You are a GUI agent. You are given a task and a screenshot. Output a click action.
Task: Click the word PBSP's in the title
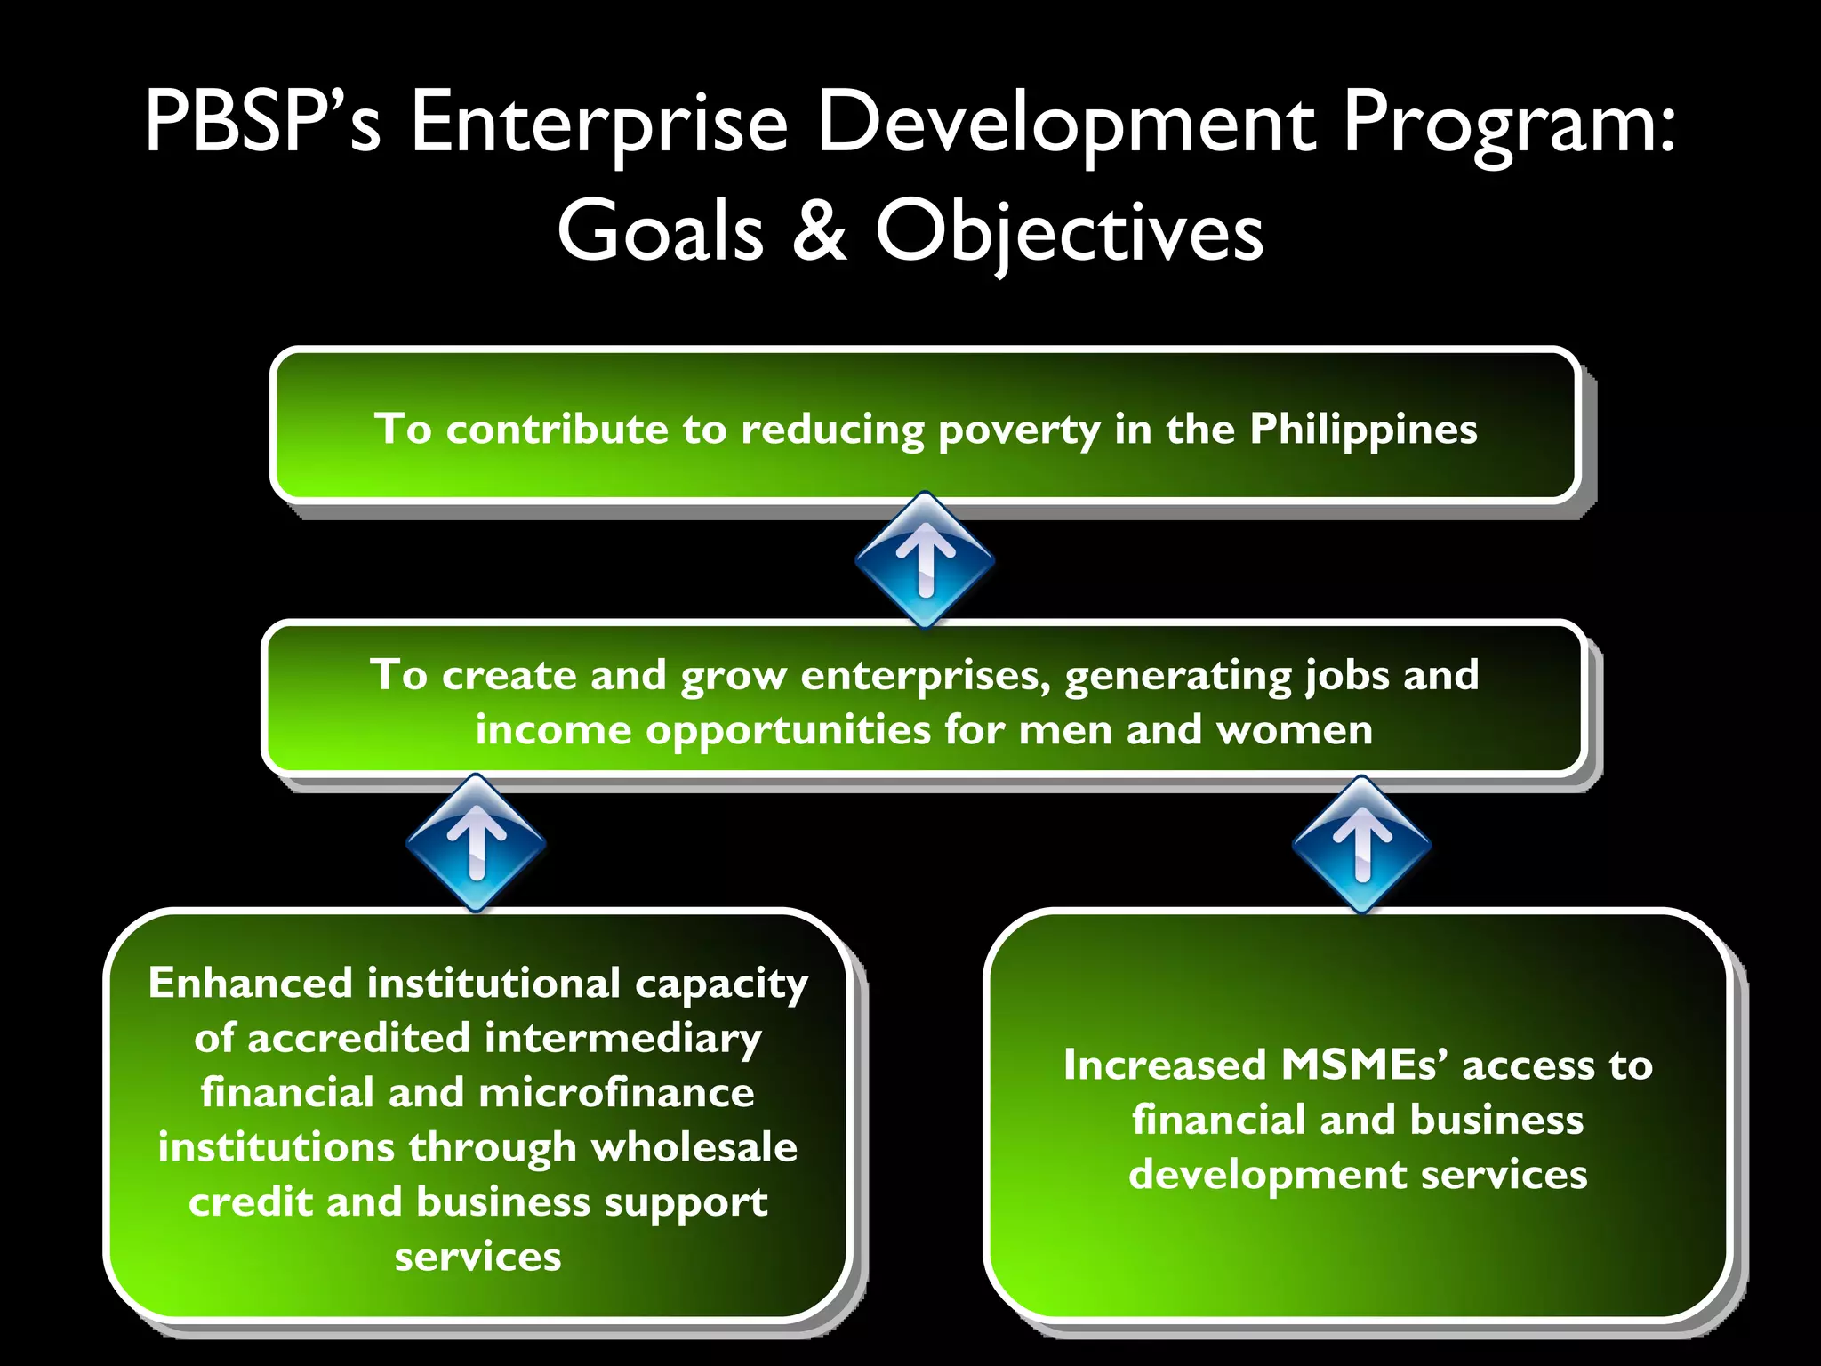(263, 123)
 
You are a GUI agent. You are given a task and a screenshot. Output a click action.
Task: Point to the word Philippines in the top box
(1363, 429)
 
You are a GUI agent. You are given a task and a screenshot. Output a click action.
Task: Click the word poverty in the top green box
(1019, 430)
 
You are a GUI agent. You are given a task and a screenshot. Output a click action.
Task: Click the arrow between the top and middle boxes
(925, 558)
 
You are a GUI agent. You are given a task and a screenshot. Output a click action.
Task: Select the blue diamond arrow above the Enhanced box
(477, 841)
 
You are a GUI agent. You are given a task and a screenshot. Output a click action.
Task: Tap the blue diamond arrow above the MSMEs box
(1361, 843)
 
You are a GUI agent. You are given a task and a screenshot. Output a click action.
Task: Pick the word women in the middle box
(1294, 731)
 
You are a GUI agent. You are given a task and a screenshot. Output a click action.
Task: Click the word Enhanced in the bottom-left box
(251, 983)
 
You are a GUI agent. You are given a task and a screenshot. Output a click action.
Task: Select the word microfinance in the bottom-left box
(616, 1093)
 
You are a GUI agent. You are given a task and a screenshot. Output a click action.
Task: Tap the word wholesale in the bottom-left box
(694, 1147)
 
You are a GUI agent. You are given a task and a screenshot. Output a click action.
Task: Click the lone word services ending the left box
(477, 1257)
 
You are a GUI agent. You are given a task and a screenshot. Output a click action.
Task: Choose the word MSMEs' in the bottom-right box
(1364, 1065)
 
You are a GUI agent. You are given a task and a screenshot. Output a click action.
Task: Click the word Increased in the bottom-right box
(1165, 1065)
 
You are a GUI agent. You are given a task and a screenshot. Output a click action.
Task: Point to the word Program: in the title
(1508, 123)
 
